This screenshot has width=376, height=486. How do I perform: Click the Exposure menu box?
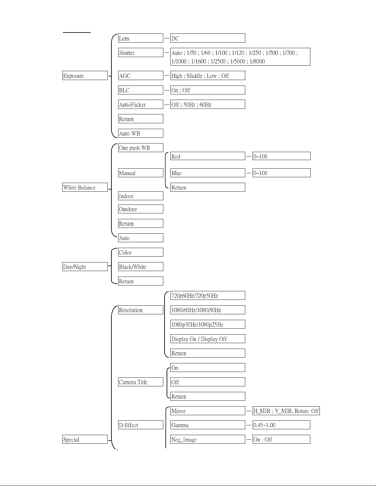pyautogui.click(x=85, y=76)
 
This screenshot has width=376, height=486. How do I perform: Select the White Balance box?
pyautogui.click(x=85, y=187)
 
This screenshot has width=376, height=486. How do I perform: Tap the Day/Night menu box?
pyautogui.click(x=85, y=267)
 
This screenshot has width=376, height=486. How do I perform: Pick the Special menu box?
pyautogui.click(x=85, y=439)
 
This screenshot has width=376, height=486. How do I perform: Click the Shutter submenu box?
pyautogui.click(x=141, y=53)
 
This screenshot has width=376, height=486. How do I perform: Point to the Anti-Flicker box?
pyautogui.click(x=141, y=105)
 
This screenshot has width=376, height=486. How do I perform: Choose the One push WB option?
pyautogui.click(x=141, y=148)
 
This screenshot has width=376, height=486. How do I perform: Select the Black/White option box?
pyautogui.click(x=141, y=267)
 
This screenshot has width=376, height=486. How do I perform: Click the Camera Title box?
pyautogui.click(x=141, y=382)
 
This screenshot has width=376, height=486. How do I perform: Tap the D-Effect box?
pyautogui.click(x=141, y=425)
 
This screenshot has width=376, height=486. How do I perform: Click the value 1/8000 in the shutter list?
pyautogui.click(x=257, y=61)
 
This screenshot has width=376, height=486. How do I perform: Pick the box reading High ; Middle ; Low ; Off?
pyautogui.click(x=208, y=76)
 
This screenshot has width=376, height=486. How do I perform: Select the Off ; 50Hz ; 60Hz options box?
pyautogui.click(x=208, y=105)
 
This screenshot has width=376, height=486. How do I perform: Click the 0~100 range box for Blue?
pyautogui.click(x=281, y=173)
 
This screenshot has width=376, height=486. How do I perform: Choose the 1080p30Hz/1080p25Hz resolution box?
pyautogui.click(x=208, y=324)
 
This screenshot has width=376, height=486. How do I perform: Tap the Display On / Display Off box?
pyautogui.click(x=208, y=339)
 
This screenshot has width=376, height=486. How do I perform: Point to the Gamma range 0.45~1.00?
pyautogui.click(x=281, y=425)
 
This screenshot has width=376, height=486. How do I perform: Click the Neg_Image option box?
pyautogui.click(x=208, y=439)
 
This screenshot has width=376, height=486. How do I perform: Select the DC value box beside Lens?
pyautogui.click(x=208, y=38)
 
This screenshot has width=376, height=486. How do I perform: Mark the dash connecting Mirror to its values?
pyautogui.click(x=249, y=411)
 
